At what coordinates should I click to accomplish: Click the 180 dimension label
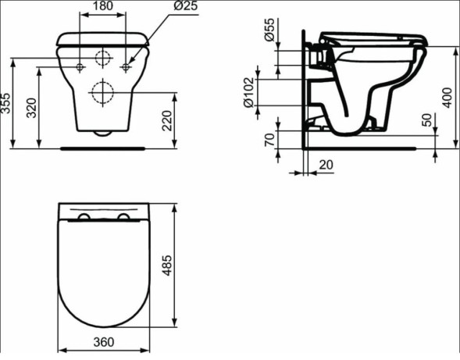tap(103, 7)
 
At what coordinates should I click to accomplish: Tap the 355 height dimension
tap(7, 102)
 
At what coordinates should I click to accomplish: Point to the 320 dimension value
tap(31, 108)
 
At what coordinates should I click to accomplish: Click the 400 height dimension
tap(448, 97)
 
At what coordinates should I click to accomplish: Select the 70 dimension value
tap(269, 141)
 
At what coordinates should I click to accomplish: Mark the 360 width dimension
tap(103, 342)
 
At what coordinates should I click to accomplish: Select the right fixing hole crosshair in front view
tap(125, 68)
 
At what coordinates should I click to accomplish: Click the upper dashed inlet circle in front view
tap(103, 57)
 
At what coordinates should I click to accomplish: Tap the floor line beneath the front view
tap(103, 146)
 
